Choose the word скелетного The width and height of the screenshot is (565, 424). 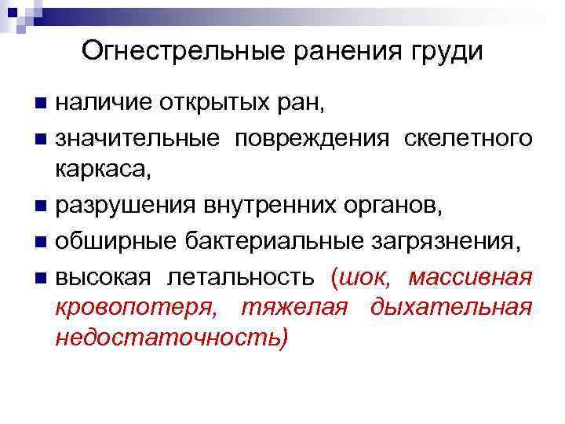pos(468,139)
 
